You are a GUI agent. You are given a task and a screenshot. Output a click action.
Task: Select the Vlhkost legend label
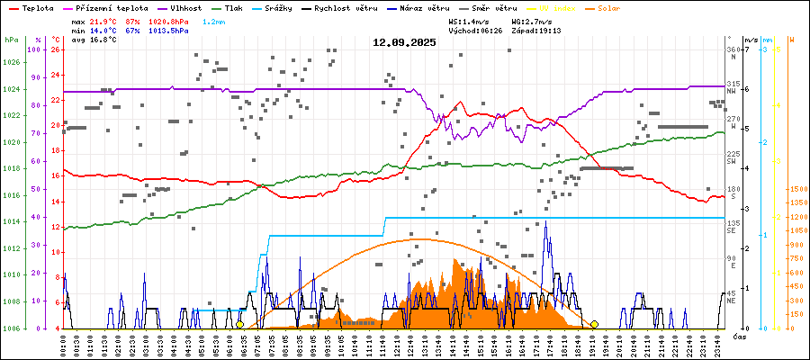coord(184,7)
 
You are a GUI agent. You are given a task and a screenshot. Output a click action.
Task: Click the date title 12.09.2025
coord(404,42)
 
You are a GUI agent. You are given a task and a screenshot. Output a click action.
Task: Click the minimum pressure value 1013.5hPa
coord(170,30)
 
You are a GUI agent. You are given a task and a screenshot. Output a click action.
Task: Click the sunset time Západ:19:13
coord(536,30)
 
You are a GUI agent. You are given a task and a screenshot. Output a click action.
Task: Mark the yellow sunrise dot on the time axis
coord(240,325)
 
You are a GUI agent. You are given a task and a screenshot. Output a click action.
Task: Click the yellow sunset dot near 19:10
coord(594,325)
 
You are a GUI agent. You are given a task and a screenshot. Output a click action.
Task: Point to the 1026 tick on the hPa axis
coord(11,62)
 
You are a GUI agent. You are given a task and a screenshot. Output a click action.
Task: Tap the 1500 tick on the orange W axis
coord(796,190)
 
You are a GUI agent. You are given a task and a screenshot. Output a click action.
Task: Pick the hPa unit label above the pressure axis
coord(11,40)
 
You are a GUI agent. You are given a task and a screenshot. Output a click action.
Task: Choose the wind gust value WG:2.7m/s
coord(536,20)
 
